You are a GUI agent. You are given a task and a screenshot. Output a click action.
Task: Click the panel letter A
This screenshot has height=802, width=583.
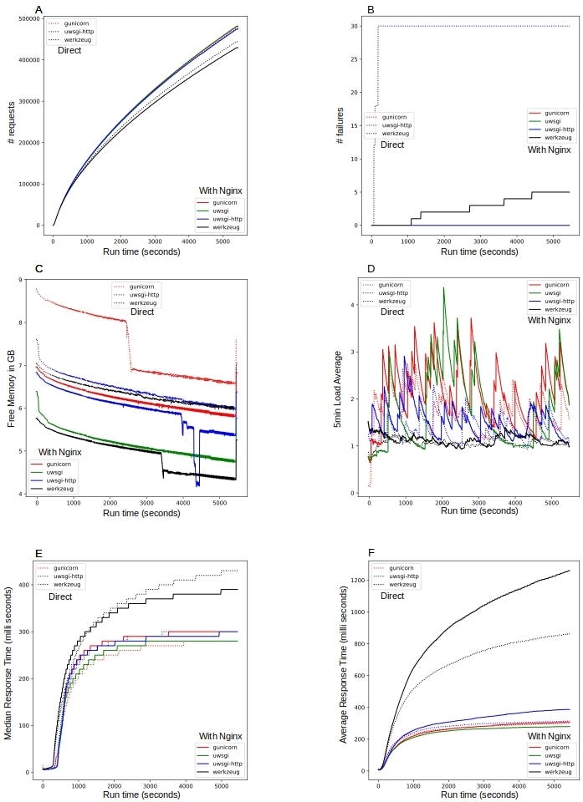(x=39, y=10)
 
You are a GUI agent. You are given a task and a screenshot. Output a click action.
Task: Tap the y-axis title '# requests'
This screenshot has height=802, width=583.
(x=12, y=125)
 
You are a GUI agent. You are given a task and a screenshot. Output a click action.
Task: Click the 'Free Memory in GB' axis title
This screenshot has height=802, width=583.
(x=12, y=389)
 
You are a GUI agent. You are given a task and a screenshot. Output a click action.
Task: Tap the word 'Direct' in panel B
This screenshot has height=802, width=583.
(x=392, y=145)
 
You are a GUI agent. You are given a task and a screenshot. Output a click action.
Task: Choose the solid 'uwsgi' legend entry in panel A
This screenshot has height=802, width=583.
(x=222, y=211)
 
